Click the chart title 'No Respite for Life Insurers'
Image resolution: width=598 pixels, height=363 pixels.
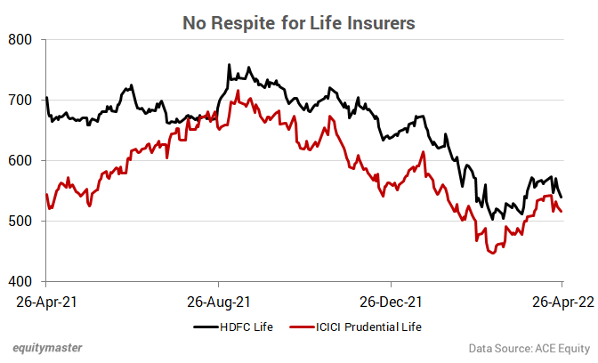[x=299, y=22]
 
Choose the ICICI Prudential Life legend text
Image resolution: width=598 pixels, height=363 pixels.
[x=367, y=327]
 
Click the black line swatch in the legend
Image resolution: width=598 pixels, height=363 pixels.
[x=206, y=327]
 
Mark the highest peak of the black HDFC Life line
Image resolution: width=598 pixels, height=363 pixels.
[x=230, y=65]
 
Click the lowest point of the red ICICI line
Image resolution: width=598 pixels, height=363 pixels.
[x=491, y=254]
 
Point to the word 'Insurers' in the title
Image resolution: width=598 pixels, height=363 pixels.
[x=380, y=22]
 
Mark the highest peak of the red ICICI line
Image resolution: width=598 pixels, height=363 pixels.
[x=238, y=90]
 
